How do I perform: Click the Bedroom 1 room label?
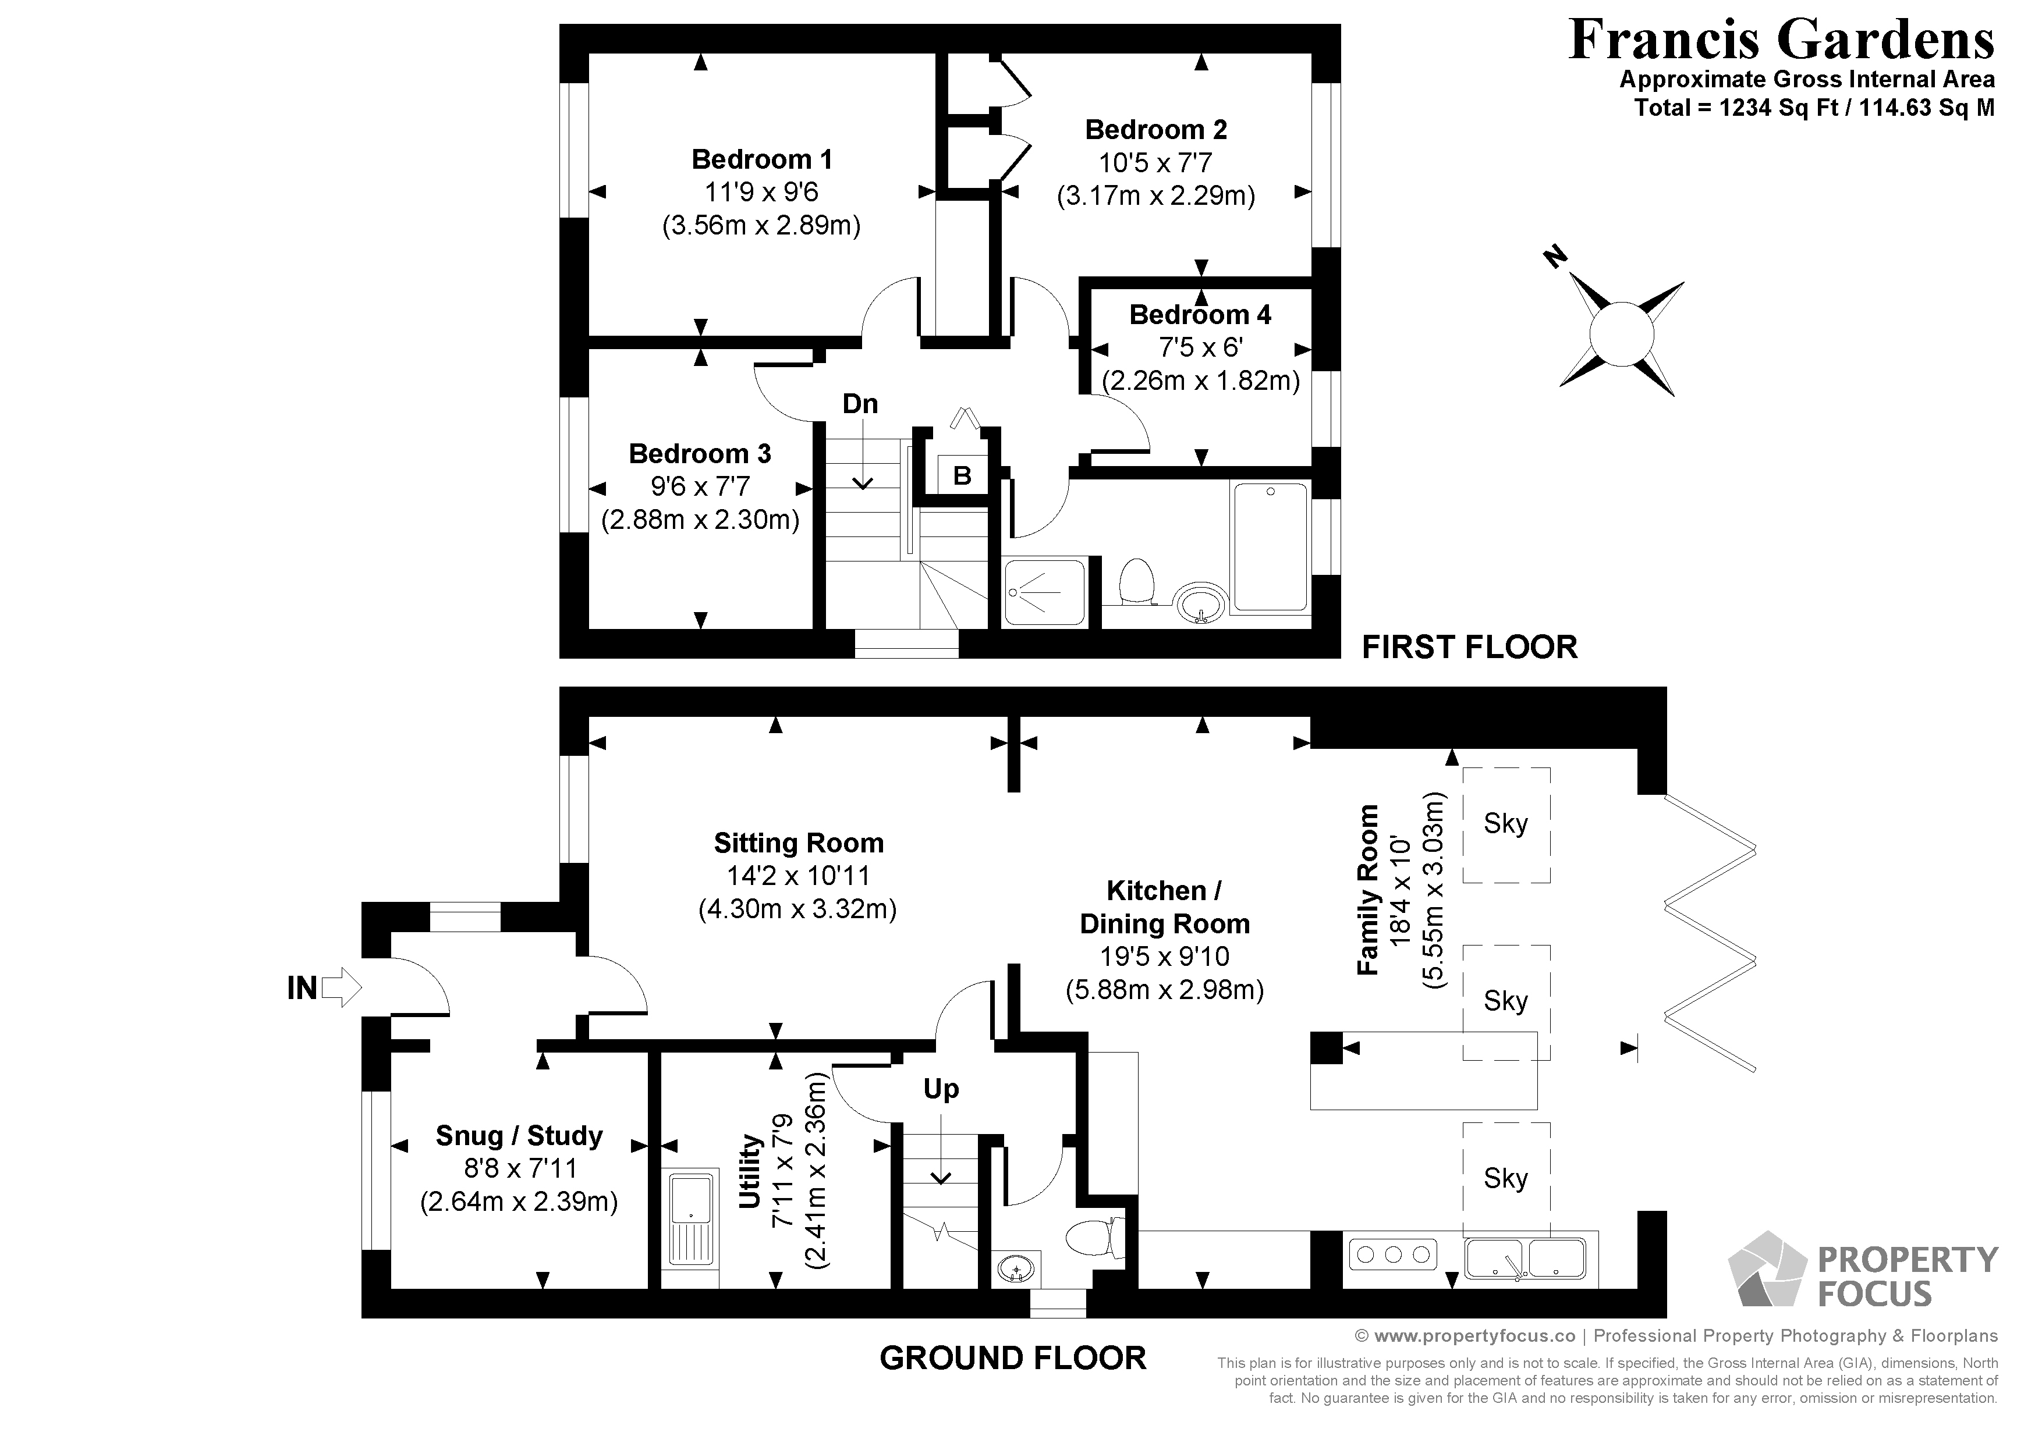click(761, 159)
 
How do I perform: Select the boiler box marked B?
click(962, 475)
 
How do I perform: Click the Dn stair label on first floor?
click(860, 404)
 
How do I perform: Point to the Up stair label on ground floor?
click(941, 1089)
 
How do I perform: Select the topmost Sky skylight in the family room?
click(1506, 825)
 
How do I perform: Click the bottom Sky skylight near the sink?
click(1506, 1179)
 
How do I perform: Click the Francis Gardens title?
click(1781, 40)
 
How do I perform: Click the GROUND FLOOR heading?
click(1012, 1357)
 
